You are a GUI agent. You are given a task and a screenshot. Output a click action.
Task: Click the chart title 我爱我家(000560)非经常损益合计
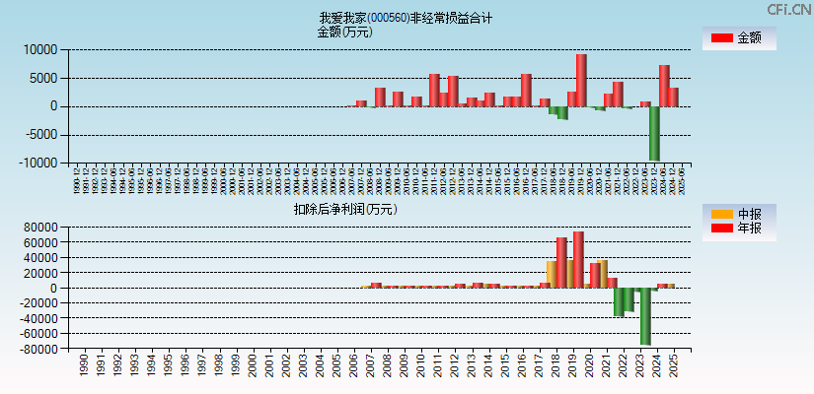tap(406, 18)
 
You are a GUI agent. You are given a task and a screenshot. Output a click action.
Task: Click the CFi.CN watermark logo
tap(789, 10)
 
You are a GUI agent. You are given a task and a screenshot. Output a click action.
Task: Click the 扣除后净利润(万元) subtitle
tap(344, 209)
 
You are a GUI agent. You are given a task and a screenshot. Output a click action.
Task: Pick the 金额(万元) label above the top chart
tap(344, 32)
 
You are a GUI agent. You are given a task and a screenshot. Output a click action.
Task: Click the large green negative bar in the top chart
tap(654, 133)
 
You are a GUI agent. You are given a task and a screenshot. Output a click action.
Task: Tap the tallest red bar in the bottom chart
tap(578, 259)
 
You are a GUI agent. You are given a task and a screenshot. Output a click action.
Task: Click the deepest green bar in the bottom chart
tap(645, 316)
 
